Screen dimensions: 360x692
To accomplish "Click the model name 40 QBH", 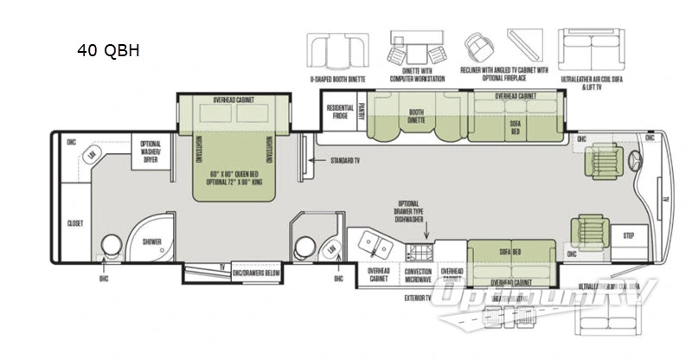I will point(108,51).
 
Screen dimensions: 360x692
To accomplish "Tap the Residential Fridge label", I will point(338,112).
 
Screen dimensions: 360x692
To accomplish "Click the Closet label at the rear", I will point(75,223).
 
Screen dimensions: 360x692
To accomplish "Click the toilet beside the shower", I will point(111,247).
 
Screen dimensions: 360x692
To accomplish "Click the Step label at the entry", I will point(628,235).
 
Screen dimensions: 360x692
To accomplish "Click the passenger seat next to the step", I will point(586,232).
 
